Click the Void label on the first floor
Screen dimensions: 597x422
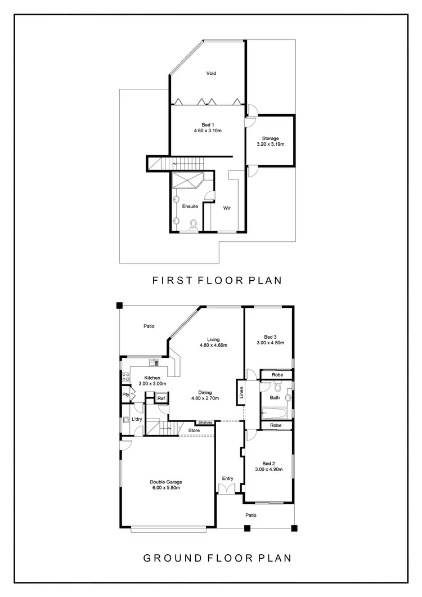pyautogui.click(x=211, y=73)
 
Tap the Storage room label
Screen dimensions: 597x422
pyautogui.click(x=270, y=138)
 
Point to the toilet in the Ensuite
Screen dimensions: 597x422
pyautogui.click(x=194, y=225)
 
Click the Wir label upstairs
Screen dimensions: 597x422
pyautogui.click(x=227, y=208)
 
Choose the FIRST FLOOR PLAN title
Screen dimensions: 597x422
pyautogui.click(x=217, y=280)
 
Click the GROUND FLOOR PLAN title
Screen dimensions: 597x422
pyautogui.click(x=217, y=558)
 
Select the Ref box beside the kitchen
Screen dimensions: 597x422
pyautogui.click(x=161, y=398)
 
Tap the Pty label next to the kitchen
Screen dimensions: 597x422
pyautogui.click(x=125, y=395)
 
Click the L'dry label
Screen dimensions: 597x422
pyautogui.click(x=136, y=420)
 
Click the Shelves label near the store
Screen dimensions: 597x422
pyautogui.click(x=205, y=423)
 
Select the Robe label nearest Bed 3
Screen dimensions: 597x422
pyautogui.click(x=277, y=374)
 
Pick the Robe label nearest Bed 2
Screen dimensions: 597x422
pyautogui.click(x=277, y=425)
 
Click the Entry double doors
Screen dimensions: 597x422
pyautogui.click(x=227, y=488)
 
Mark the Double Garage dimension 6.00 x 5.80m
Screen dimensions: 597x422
pyautogui.click(x=166, y=488)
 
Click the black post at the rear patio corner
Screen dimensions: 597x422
pyautogui.click(x=119, y=306)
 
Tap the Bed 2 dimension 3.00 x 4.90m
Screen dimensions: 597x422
pyautogui.click(x=268, y=469)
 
